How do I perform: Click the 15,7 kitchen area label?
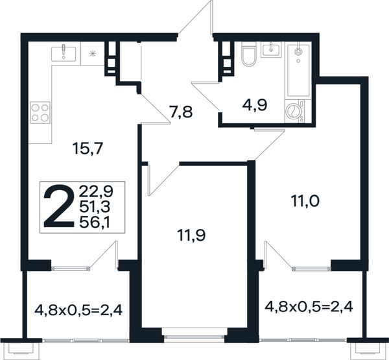pos(88,149)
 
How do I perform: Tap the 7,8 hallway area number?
pos(181,112)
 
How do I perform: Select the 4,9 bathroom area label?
pos(255,105)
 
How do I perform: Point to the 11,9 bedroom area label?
pos(191,235)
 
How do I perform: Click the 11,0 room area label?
pos(305,201)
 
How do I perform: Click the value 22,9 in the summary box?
pos(96,191)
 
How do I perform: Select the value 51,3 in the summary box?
pos(95,207)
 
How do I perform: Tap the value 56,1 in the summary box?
pos(95,222)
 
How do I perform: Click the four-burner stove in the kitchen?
pos(40,112)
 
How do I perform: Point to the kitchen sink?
pos(64,53)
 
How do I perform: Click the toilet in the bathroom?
pos(248,54)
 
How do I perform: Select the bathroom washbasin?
pos(271,50)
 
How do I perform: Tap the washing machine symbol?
pos(295,111)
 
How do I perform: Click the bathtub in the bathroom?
pos(298,71)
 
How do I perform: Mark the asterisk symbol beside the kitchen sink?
pos(93,53)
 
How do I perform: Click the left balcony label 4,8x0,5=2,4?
pos(78,310)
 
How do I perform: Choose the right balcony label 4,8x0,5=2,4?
pos(309,307)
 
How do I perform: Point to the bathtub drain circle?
pos(298,52)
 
